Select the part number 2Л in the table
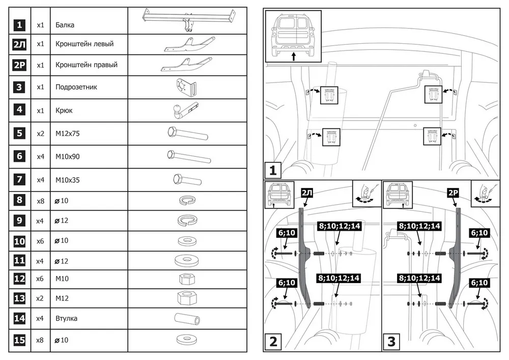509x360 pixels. click(19, 45)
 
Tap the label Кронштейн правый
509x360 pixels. click(87, 65)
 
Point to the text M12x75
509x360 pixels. click(68, 133)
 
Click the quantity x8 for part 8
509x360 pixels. click(41, 201)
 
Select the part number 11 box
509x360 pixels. click(19, 261)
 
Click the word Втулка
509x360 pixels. click(67, 319)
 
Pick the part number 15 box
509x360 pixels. click(19, 340)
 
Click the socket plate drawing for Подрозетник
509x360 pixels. click(185, 87)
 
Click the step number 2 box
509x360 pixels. click(274, 341)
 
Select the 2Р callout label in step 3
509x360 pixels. click(453, 193)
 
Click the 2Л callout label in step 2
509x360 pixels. click(307, 193)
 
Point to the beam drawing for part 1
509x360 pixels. click(188, 19)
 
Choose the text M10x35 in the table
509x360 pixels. click(68, 180)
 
